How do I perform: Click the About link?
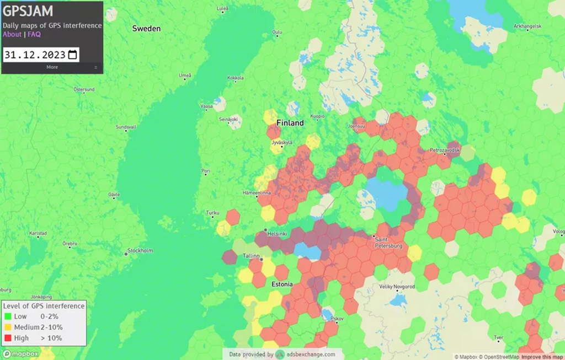(x=12, y=34)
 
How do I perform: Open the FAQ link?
(x=34, y=34)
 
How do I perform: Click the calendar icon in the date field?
(x=73, y=55)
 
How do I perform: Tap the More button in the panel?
(x=52, y=67)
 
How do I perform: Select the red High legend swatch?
(x=8, y=338)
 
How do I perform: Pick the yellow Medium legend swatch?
(x=8, y=327)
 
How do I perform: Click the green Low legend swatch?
(x=8, y=316)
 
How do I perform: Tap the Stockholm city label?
(x=140, y=250)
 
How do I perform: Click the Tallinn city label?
(x=251, y=256)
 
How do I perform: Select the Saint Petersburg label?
(x=388, y=243)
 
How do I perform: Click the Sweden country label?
(x=146, y=28)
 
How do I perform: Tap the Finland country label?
(x=290, y=123)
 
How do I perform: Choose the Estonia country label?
(x=282, y=284)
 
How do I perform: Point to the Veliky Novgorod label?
(x=397, y=287)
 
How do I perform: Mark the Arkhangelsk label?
(x=527, y=26)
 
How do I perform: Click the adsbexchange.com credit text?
(x=313, y=354)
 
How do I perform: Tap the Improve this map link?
(x=542, y=357)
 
